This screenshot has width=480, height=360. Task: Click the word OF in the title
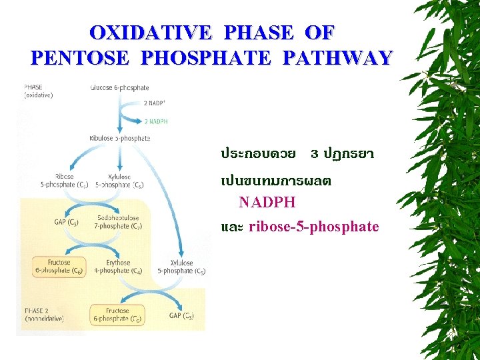(319, 33)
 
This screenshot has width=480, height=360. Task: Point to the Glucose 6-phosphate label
(120, 88)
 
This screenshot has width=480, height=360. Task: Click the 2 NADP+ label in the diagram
(156, 104)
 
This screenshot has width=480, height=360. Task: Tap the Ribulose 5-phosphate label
(120, 138)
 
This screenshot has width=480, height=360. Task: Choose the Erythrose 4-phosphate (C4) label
(118, 267)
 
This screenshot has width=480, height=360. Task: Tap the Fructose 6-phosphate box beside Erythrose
(59, 267)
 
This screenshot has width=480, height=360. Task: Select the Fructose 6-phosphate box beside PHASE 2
(117, 315)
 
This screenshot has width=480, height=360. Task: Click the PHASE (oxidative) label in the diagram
(39, 91)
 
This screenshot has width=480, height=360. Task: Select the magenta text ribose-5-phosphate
(313, 227)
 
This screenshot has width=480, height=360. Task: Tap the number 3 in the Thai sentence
(314, 154)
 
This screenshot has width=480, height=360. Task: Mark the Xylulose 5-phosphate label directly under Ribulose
(119, 181)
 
